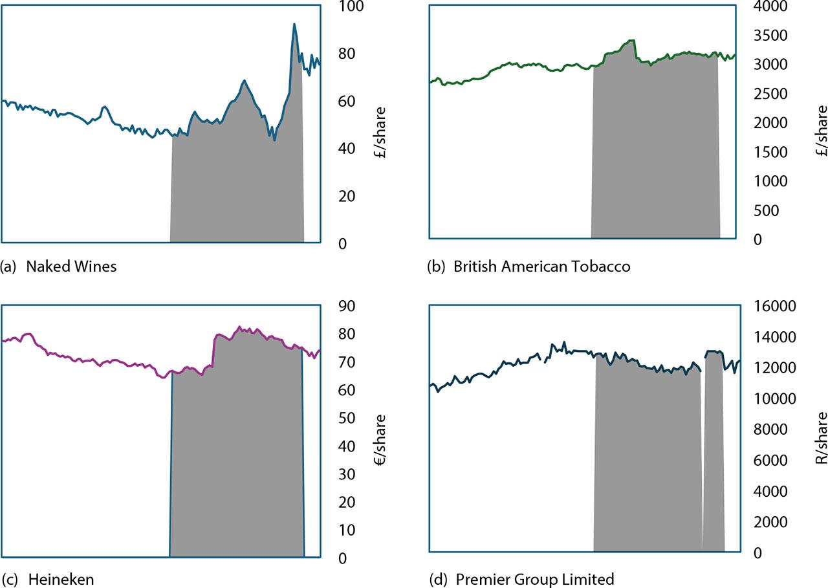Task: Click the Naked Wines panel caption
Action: point(60,267)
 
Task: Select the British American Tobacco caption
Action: point(528,267)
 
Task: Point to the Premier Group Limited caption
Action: point(523,579)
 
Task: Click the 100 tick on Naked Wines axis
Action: point(348,6)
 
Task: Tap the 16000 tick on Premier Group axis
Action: point(772,306)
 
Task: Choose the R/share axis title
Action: point(821,437)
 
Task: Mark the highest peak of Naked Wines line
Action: point(294,25)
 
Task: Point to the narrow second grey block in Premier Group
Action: point(714,453)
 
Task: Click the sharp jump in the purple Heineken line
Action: point(213,353)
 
